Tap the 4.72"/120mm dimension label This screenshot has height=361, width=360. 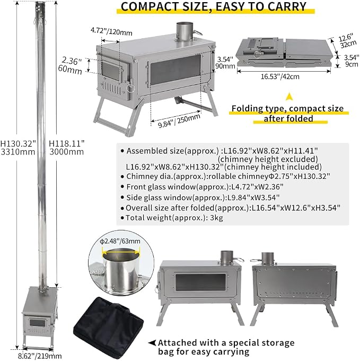(111, 31)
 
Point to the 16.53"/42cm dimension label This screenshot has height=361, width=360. (280, 76)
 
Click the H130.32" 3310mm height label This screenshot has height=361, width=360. (18, 148)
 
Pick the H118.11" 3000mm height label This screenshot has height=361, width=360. (67, 148)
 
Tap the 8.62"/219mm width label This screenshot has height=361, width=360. (40, 356)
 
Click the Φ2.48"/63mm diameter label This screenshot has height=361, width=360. (120, 241)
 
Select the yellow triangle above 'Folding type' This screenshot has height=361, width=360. (289, 97)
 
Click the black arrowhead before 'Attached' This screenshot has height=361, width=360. (152, 343)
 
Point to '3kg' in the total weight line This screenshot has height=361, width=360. (216, 218)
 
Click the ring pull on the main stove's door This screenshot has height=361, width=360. (130, 88)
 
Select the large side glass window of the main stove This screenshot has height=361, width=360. (175, 70)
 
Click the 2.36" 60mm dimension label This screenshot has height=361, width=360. (70, 65)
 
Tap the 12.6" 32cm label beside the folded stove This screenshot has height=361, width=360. (348, 41)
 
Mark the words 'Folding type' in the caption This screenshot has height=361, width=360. (256, 108)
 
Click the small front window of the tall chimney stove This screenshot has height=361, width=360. (37, 323)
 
